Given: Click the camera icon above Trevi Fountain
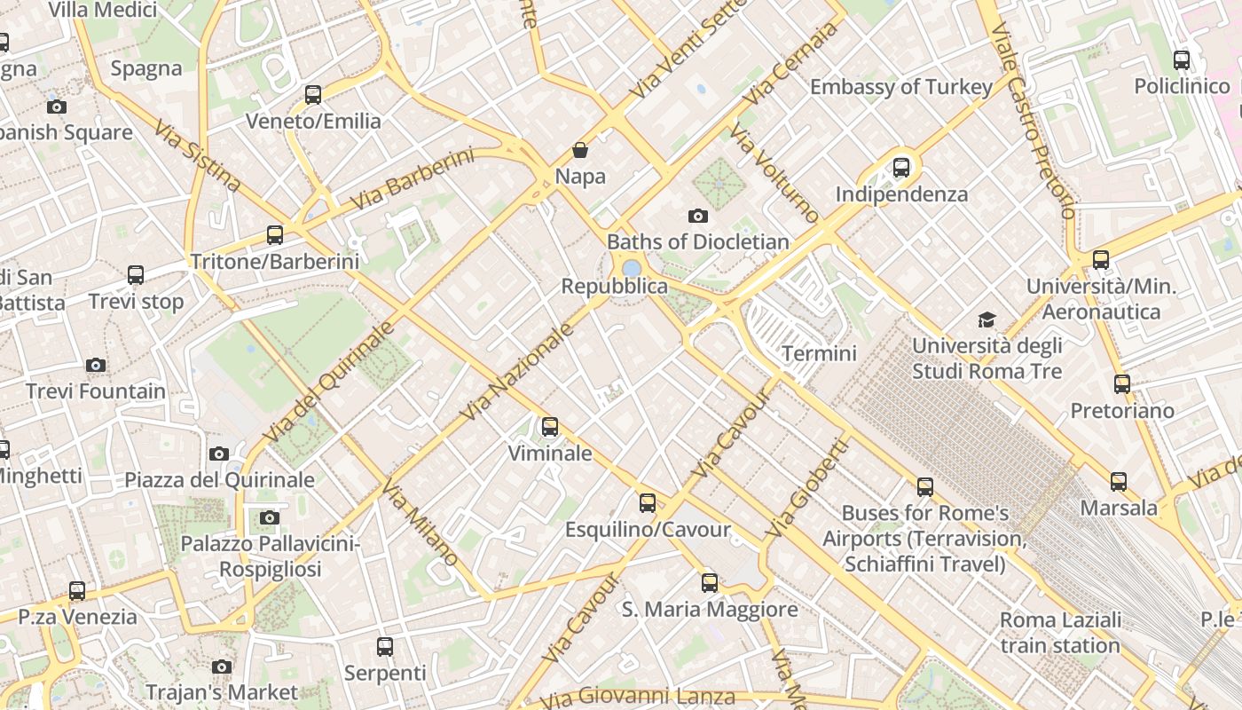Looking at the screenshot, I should click(96, 366).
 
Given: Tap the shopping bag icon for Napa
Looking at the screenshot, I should click(580, 150).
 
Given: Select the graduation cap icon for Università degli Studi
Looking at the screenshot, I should click(987, 319).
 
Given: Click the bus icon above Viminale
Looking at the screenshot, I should click(550, 427).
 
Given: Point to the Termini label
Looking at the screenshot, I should click(819, 354).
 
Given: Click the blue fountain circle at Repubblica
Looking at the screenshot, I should click(631, 267).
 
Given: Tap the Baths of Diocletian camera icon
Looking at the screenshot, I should click(698, 216).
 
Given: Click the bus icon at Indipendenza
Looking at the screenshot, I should click(901, 167).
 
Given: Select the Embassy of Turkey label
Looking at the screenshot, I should click(900, 87).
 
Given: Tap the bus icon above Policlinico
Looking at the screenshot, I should click(1182, 60).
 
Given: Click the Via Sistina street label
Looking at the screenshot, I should click(197, 156).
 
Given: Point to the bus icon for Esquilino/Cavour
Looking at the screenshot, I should click(648, 503).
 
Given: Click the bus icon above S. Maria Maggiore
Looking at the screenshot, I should click(710, 583).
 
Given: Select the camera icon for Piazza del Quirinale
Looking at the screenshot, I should click(219, 454).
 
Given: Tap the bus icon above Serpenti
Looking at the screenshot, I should click(385, 647).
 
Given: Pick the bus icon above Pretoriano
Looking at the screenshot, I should click(1122, 384).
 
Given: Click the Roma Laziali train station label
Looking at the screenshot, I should click(1060, 633).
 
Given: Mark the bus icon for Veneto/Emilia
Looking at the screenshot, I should click(313, 95).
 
